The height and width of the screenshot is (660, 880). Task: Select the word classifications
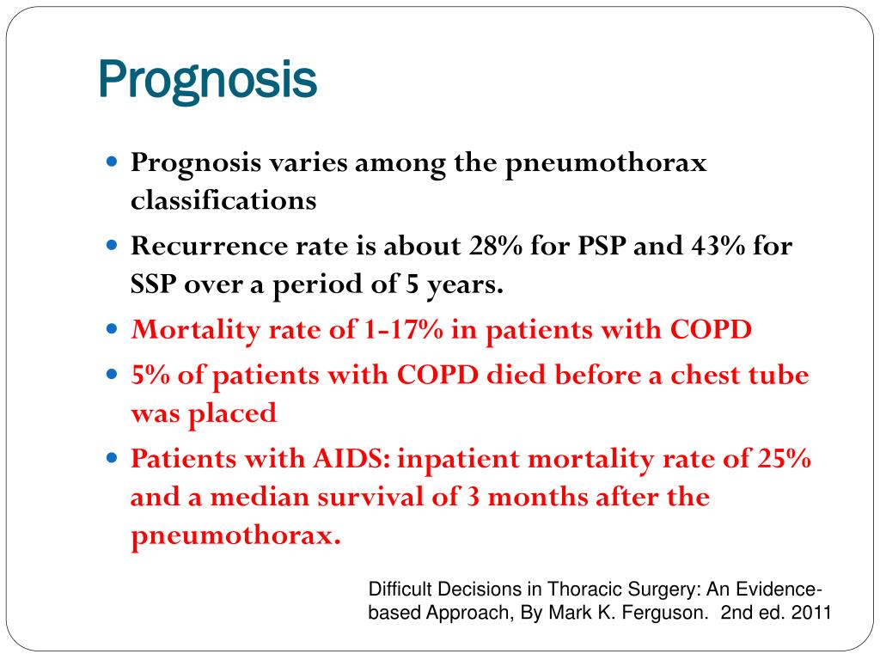pos(223,200)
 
